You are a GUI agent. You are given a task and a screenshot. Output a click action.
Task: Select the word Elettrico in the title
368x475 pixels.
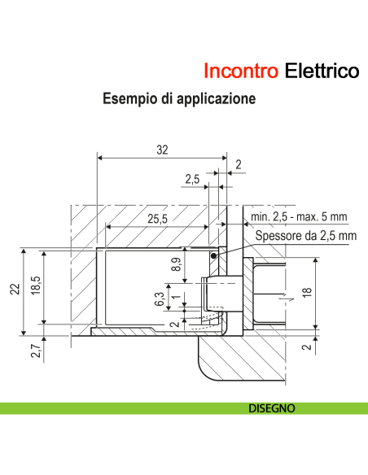coord(322,71)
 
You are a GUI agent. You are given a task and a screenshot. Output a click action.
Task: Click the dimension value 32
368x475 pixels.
coord(162,149)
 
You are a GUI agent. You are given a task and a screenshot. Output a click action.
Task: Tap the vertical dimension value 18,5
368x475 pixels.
coord(36,290)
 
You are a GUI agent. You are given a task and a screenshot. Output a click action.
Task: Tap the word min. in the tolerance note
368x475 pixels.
coord(262,216)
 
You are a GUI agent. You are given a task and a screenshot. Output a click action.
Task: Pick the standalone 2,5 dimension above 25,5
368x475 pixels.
coord(192,178)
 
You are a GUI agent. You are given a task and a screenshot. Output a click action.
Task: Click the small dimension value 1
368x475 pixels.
coord(176,297)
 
